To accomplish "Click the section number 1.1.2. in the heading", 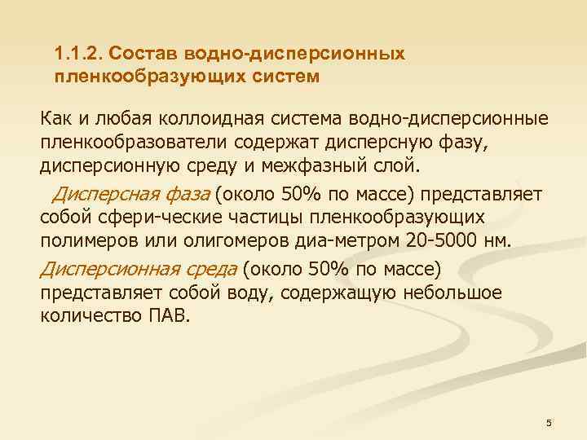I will point(77,55).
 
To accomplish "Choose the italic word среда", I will point(211,268).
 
